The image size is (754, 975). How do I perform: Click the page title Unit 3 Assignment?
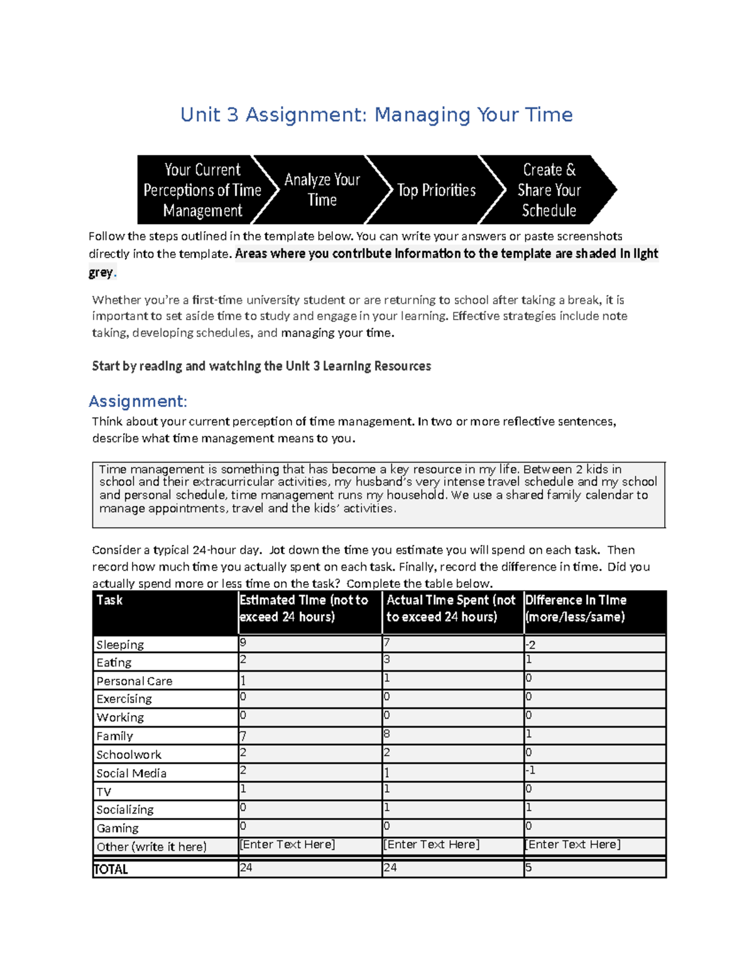[376, 115]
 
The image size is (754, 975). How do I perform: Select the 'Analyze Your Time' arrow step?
[322, 190]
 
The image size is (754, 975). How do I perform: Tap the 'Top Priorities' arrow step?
[436, 190]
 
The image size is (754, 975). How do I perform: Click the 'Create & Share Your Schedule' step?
[549, 190]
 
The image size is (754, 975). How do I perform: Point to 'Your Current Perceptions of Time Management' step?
[202, 190]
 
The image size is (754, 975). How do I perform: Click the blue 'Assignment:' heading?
[138, 401]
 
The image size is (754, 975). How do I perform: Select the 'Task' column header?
[109, 600]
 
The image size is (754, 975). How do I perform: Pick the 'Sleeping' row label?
[120, 645]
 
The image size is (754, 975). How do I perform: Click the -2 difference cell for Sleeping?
[530, 645]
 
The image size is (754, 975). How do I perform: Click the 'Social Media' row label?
[131, 773]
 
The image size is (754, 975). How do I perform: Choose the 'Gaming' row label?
[117, 828]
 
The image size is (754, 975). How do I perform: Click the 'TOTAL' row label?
[111, 870]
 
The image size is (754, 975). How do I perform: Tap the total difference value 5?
[528, 868]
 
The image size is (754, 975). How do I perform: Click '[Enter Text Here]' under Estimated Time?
[287, 844]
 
